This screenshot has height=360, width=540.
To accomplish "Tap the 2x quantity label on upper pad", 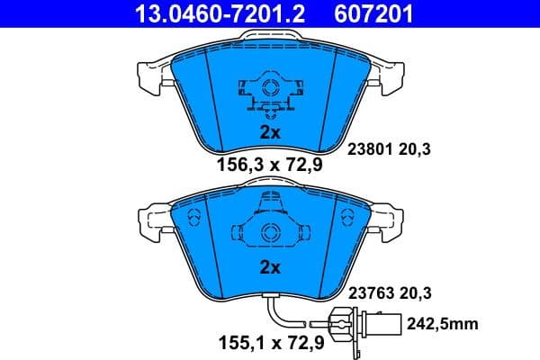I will click(x=270, y=131).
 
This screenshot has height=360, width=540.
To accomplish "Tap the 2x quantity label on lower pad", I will click(x=270, y=267).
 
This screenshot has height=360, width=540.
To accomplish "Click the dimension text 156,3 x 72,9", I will click(x=270, y=164).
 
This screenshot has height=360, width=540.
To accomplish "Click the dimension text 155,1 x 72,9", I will click(x=270, y=343).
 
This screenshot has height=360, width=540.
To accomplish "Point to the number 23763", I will click(x=368, y=292).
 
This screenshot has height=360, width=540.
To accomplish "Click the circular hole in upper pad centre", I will click(x=270, y=88).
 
